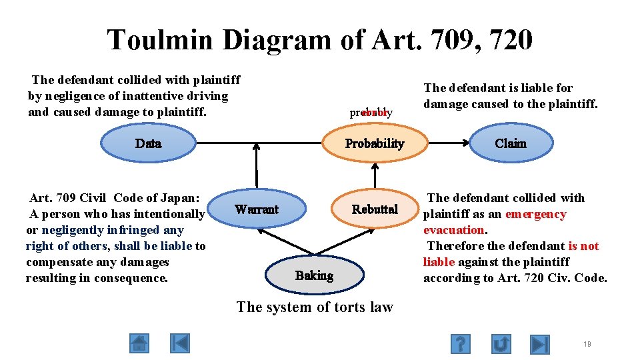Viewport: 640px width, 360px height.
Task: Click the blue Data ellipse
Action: click(x=148, y=143)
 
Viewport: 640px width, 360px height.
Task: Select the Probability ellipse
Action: click(x=374, y=143)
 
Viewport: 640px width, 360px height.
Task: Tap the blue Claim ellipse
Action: click(x=510, y=143)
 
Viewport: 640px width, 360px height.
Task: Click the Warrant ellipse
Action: click(x=257, y=209)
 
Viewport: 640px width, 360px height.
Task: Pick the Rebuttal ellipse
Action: click(x=375, y=209)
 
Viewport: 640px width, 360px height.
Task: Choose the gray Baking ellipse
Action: click(x=314, y=275)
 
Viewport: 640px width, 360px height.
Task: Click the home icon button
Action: click(x=139, y=343)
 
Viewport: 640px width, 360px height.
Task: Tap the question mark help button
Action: click(x=461, y=343)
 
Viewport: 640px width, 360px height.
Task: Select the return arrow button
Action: click(x=501, y=343)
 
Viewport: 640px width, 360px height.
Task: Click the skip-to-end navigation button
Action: click(x=540, y=343)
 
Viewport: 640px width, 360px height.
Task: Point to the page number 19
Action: click(x=587, y=344)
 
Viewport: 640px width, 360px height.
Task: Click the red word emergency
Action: click(x=535, y=214)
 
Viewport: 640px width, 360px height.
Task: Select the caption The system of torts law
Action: click(x=315, y=307)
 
